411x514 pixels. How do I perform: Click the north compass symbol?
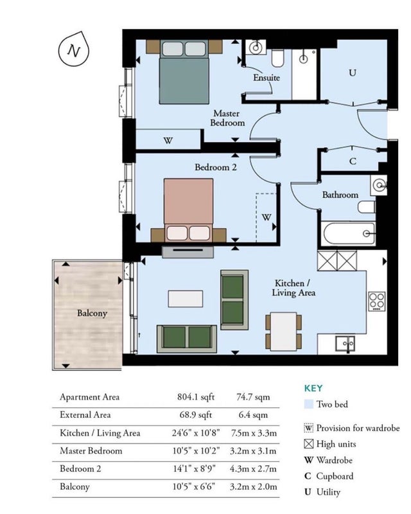(x=74, y=50)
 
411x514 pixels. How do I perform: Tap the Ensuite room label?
(x=267, y=78)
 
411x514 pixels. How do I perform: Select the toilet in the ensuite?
(x=277, y=58)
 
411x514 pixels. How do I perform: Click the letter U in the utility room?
(x=353, y=73)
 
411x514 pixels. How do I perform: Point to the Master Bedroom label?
(x=227, y=118)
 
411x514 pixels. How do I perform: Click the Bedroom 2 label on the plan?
(x=216, y=167)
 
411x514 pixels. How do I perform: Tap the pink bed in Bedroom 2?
(x=188, y=210)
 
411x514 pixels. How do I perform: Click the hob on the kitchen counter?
(x=377, y=301)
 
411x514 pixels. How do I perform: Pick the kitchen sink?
(x=345, y=344)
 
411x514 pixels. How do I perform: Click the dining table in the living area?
(x=283, y=331)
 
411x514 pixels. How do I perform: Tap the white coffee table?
(x=186, y=299)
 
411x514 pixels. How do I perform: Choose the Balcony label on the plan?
(x=92, y=314)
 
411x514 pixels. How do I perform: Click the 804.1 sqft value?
(x=196, y=397)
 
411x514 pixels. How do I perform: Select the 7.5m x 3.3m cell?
(x=253, y=433)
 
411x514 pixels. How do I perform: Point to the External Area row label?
(x=85, y=414)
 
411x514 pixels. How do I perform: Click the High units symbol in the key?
(x=309, y=444)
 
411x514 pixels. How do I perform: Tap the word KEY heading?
(x=313, y=389)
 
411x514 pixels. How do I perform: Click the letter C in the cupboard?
(x=353, y=161)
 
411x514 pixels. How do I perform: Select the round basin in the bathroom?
(x=379, y=185)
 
